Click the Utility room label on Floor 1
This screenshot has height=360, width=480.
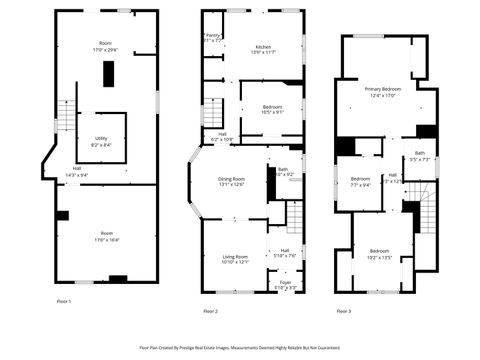[101, 138]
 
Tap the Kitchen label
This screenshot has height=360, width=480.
[263, 47]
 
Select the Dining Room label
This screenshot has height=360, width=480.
[231, 178]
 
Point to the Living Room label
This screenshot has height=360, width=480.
[235, 257]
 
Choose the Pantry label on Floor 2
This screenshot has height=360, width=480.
[213, 35]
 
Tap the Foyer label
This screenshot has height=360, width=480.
[285, 283]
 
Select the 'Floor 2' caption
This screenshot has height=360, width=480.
[210, 311]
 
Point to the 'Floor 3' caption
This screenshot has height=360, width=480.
[343, 311]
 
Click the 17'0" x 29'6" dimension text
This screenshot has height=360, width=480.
[105, 49]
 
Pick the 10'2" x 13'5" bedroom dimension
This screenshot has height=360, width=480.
[379, 256]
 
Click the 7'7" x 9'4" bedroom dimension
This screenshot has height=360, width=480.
[360, 185]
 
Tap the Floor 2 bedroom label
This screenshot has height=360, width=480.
[273, 106]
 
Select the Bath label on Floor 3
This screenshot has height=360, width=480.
[420, 153]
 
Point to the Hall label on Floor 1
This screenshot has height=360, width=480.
[76, 168]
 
